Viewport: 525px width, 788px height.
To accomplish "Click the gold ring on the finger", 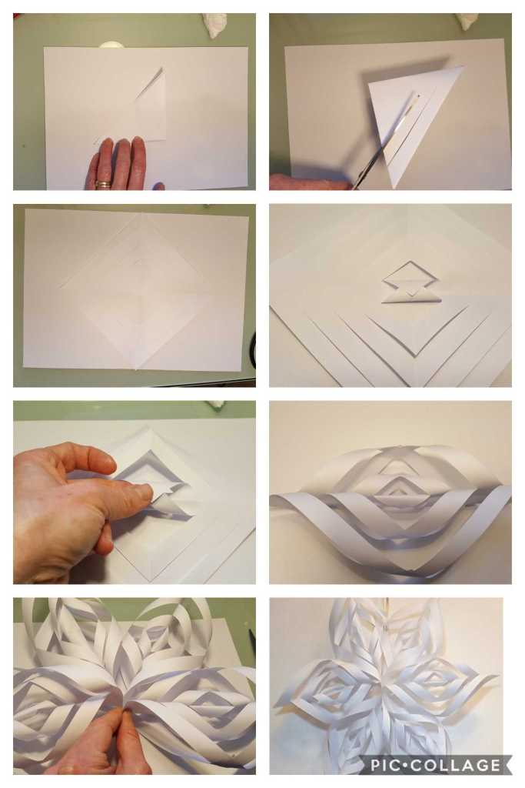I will pyautogui.click(x=102, y=184).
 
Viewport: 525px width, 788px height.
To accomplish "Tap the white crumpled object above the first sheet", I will pyautogui.click(x=218, y=24).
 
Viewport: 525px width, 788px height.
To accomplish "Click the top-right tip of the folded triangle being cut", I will pyautogui.click(x=463, y=67).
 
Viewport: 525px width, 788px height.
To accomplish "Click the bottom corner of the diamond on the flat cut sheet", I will pyautogui.click(x=135, y=367).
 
